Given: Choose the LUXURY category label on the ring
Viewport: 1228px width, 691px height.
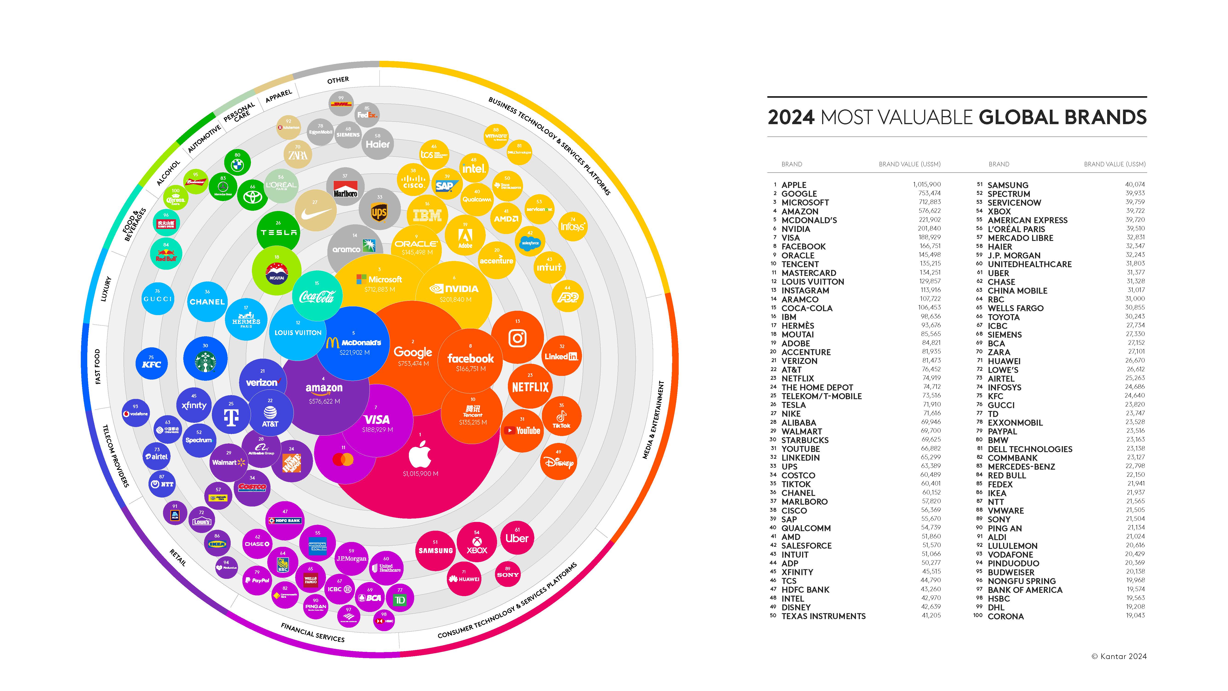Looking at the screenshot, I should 106,289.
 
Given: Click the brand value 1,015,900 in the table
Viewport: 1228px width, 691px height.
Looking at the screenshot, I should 926,184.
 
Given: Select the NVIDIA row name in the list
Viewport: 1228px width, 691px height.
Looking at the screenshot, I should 796,229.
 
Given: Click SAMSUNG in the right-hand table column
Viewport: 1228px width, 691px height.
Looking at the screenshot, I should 1008,185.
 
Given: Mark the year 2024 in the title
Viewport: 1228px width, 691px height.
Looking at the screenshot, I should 791,117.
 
